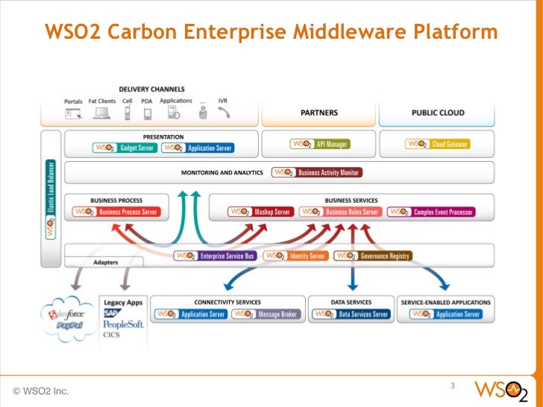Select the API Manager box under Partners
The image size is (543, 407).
click(318, 144)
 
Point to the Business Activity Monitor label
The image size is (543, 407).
click(316, 172)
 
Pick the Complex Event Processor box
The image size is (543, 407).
click(430, 212)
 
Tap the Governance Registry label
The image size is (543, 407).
click(372, 256)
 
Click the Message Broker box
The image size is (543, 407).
click(266, 315)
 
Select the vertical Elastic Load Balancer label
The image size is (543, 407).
click(51, 198)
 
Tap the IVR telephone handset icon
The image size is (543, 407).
click(224, 113)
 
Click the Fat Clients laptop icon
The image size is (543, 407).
click(101, 113)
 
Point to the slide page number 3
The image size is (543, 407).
click(452, 385)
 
